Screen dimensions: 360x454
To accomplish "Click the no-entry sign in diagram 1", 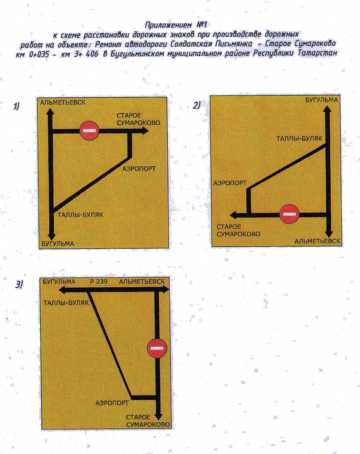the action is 89,131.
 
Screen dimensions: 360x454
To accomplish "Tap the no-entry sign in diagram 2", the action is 289,214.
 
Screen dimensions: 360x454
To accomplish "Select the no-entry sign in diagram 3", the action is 157,348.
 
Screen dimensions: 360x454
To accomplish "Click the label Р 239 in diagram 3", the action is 99,281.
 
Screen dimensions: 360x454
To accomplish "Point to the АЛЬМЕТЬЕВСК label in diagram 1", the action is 63,102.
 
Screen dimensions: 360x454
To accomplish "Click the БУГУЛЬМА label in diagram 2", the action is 321,100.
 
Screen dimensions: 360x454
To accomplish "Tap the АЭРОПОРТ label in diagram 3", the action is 112,403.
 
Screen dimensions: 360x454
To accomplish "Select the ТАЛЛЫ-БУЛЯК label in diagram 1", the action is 80,215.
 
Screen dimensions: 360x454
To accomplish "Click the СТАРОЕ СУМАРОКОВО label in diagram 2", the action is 238,231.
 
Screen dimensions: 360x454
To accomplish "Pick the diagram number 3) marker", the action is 19,285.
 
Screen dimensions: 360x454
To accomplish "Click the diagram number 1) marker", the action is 16,106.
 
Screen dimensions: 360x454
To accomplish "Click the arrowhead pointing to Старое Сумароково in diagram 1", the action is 145,131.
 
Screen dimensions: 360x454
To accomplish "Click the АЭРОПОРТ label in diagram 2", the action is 230,183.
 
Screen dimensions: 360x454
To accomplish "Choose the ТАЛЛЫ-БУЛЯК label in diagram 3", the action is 66,303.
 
